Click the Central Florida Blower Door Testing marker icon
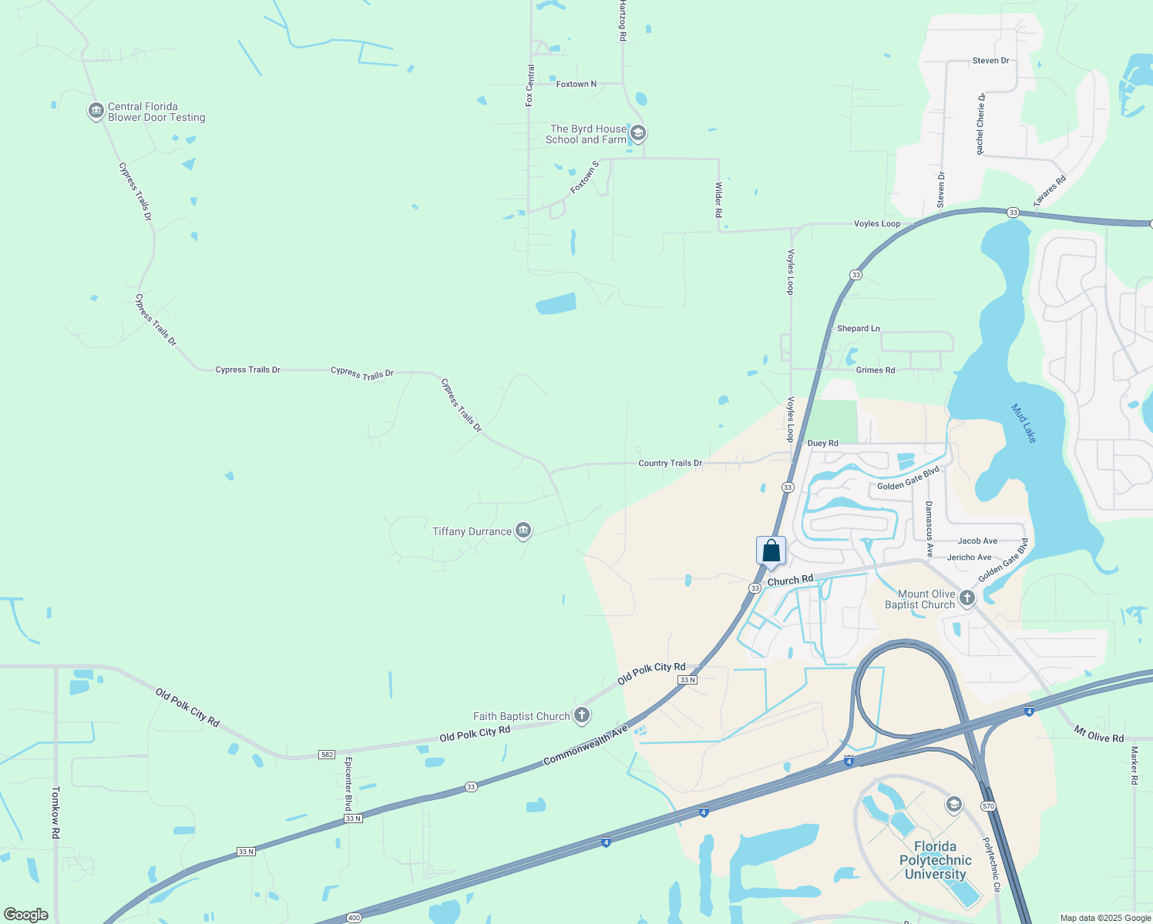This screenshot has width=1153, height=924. coord(96,112)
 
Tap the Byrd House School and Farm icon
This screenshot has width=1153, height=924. coord(637,134)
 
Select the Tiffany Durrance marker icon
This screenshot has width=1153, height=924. coord(523,531)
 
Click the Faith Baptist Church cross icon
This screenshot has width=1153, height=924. coord(582,715)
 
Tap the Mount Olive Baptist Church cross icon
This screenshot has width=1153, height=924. coord(967,598)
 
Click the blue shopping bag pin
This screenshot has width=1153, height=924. coord(771,551)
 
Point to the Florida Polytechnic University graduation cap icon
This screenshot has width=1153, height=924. coord(954,805)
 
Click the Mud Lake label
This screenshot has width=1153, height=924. coord(1024,423)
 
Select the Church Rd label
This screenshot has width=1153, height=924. coord(790,580)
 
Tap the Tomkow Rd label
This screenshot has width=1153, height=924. coord(55,812)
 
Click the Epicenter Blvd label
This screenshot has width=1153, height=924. coord(348,784)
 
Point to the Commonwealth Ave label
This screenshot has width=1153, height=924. coord(586,745)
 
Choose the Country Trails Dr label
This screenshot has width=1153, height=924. coord(670,463)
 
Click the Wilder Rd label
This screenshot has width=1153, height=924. coord(718,199)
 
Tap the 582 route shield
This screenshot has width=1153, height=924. coord(327,754)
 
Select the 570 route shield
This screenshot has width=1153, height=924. coord(988,805)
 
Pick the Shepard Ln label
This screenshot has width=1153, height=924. coord(858,328)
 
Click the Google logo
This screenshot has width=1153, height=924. coord(26,914)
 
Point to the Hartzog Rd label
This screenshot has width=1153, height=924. coord(622,21)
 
